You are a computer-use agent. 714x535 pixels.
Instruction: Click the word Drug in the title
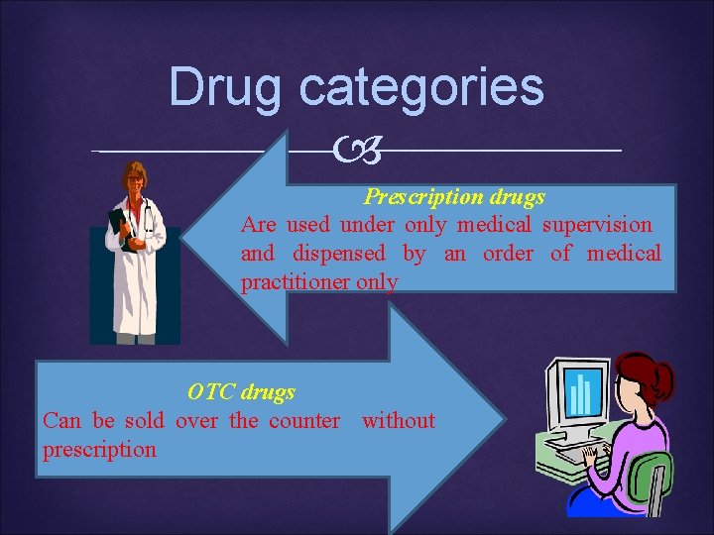227,87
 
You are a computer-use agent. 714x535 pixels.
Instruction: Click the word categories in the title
420,87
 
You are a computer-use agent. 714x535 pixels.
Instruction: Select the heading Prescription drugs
454,197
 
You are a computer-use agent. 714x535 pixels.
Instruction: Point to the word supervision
597,226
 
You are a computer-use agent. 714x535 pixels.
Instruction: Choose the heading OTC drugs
241,392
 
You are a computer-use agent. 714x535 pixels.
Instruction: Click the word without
398,421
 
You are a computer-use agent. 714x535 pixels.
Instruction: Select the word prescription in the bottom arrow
99,450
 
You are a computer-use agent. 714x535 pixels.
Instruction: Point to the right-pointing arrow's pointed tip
502,420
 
